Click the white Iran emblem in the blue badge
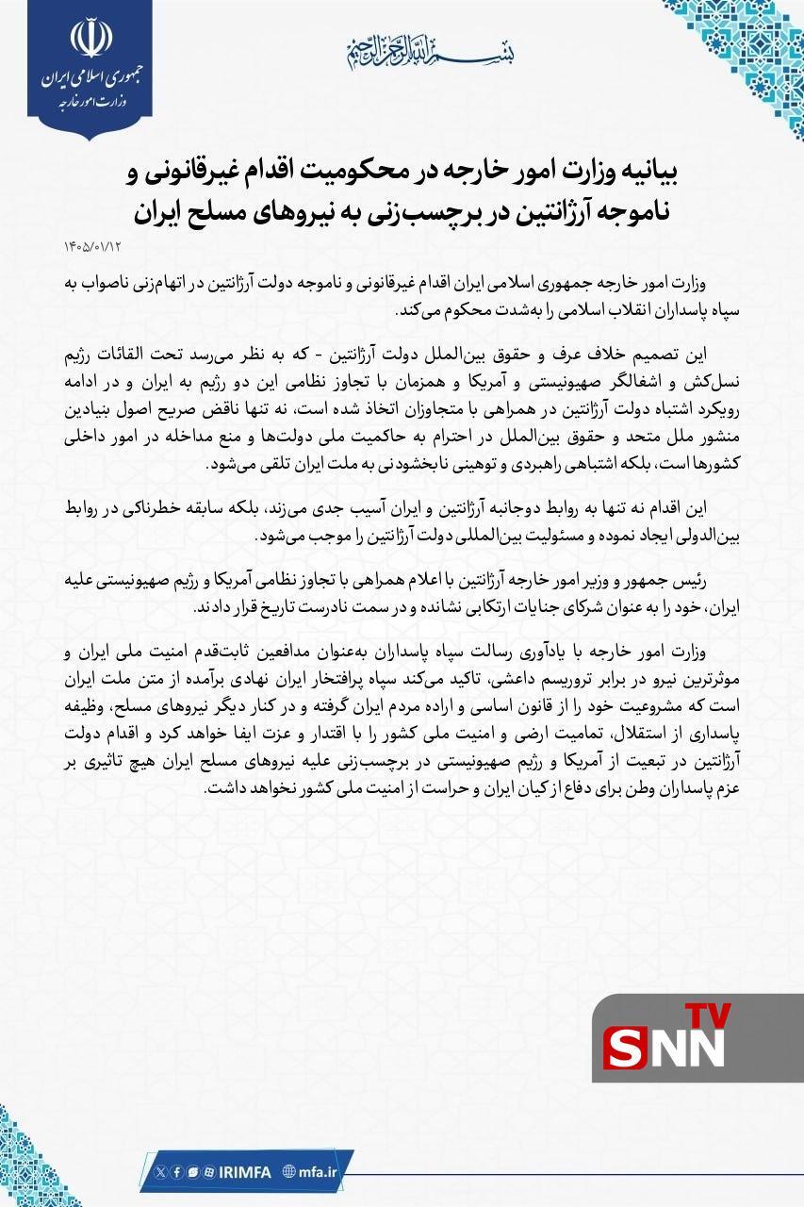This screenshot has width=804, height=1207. click(90, 38)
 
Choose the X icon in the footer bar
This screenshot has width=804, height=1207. click(160, 1172)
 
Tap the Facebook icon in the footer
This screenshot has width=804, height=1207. click(177, 1172)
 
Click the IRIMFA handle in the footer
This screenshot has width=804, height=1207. click(244, 1172)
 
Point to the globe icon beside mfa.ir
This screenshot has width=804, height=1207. click(288, 1172)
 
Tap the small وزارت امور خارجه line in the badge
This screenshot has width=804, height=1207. click(90, 99)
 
